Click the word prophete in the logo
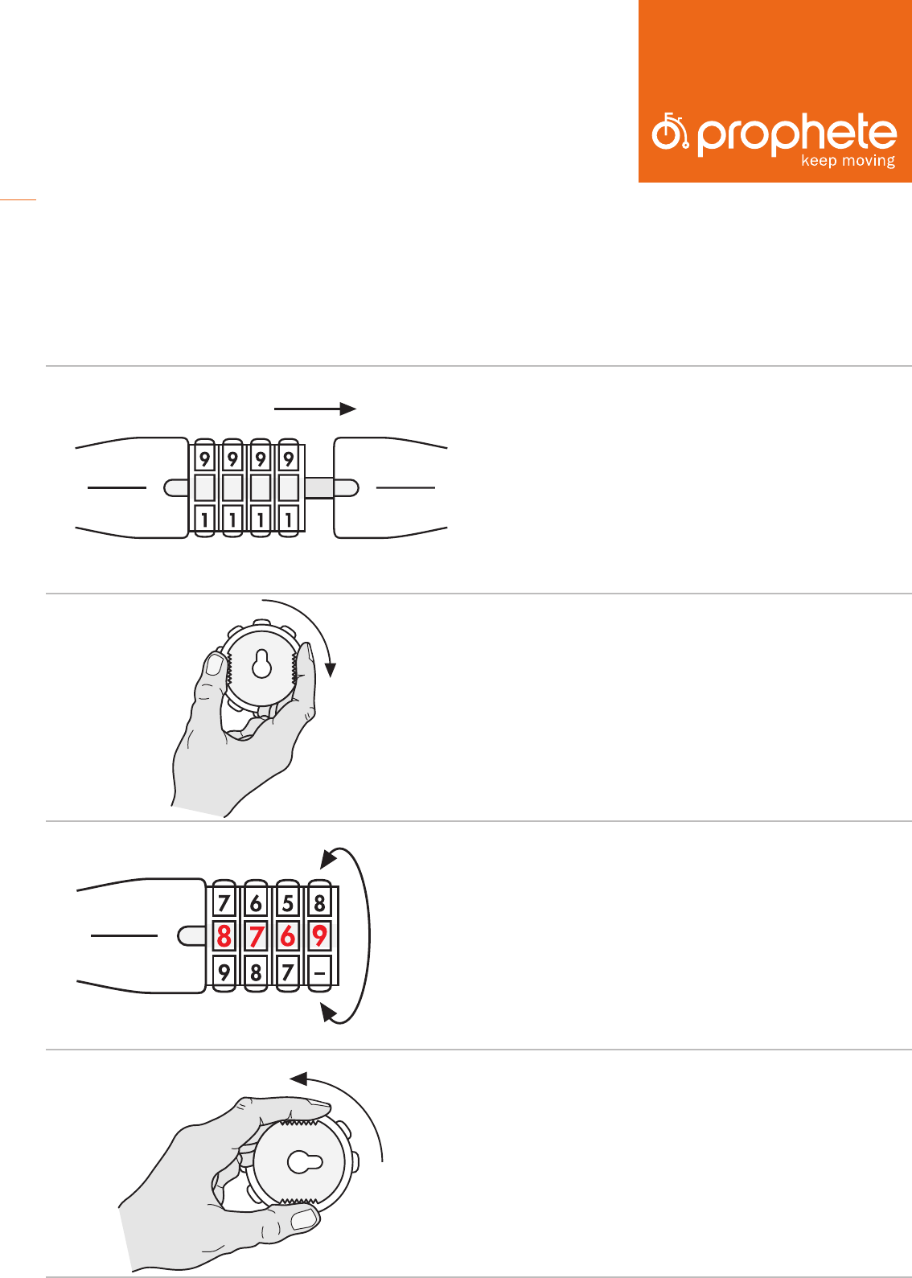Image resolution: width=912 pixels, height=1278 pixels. [x=797, y=134]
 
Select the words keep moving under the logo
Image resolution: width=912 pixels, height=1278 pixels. [x=848, y=161]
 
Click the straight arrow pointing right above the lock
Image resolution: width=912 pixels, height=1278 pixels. [x=314, y=409]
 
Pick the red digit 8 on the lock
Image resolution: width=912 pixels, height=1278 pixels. [x=224, y=936]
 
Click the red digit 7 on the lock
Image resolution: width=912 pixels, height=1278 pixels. [x=256, y=936]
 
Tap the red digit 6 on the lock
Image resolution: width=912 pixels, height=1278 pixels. [x=287, y=936]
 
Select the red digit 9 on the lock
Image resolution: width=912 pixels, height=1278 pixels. [x=319, y=935]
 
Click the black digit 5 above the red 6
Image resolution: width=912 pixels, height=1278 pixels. [x=287, y=903]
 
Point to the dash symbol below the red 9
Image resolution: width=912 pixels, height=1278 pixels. [x=319, y=973]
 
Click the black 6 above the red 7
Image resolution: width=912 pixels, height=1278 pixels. [x=256, y=903]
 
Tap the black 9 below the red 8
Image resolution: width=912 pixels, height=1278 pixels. [x=224, y=972]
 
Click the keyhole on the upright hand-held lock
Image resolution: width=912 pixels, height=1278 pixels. [x=262, y=664]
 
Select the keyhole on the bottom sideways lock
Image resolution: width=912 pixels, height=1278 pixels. [x=305, y=1162]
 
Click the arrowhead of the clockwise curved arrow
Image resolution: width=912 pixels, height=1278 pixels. [x=331, y=669]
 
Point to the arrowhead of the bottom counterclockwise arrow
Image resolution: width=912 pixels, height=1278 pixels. [x=298, y=1079]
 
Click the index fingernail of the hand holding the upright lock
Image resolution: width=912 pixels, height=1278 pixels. [x=215, y=664]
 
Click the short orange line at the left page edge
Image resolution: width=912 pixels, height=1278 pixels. [x=18, y=199]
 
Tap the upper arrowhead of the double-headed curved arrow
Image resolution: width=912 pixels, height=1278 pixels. [x=328, y=859]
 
